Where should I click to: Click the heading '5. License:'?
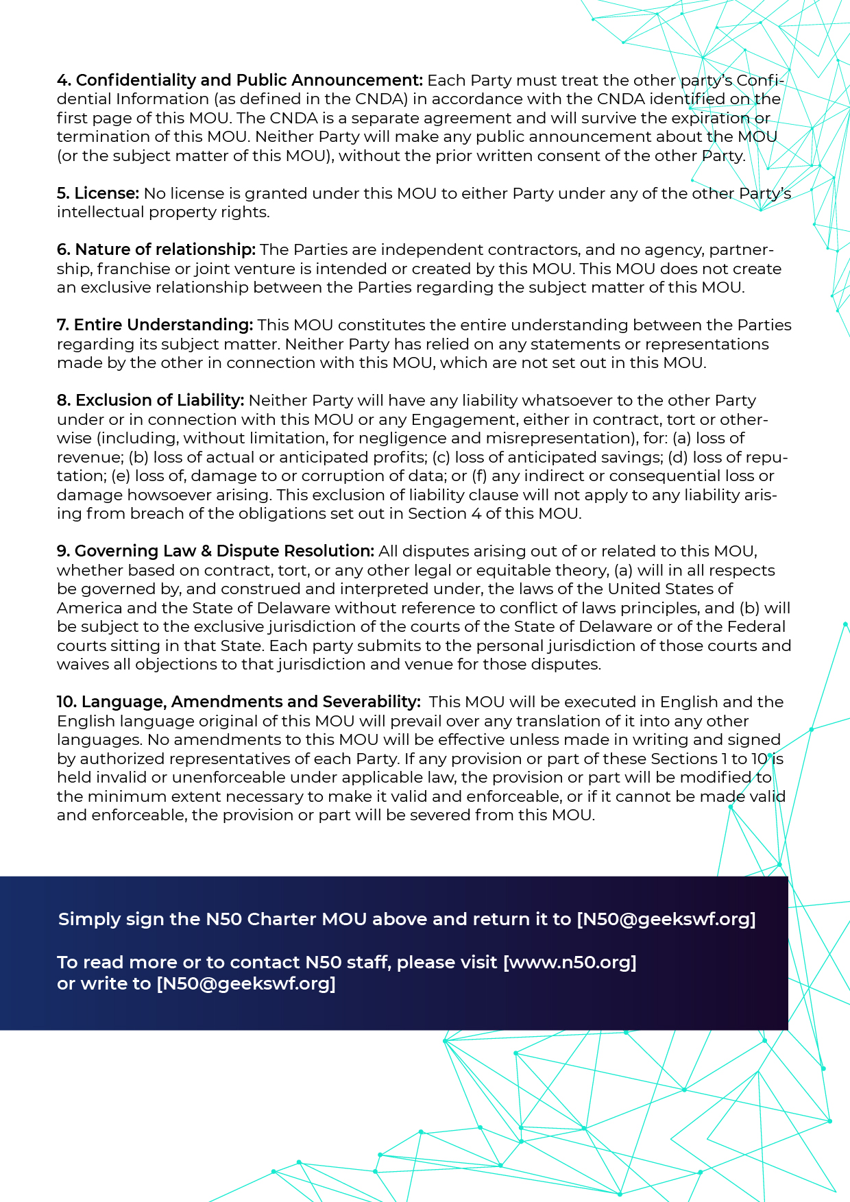pos(98,193)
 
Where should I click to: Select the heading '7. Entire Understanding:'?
pos(155,325)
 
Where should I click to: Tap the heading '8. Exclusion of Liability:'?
pos(150,400)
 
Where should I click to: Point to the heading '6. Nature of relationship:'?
pos(156,249)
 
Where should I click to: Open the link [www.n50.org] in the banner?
pos(570,962)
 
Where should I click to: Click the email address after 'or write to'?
pos(246,983)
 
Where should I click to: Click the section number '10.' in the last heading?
pos(66,702)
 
